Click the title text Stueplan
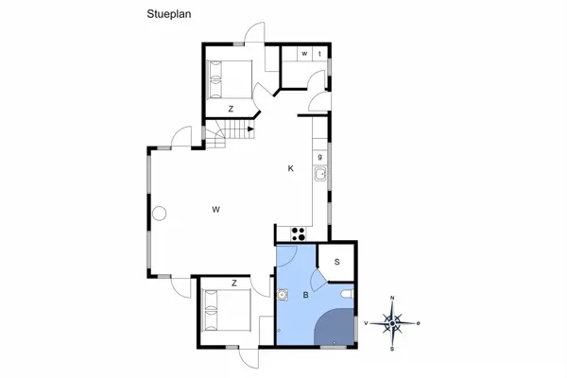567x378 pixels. [x=169, y=14]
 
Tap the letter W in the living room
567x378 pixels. [x=215, y=210]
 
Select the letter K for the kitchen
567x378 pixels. [x=291, y=168]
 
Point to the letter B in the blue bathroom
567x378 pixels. [x=305, y=295]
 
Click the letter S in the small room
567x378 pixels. [x=337, y=262]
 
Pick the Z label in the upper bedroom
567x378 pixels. [x=231, y=109]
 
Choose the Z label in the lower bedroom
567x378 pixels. [x=234, y=283]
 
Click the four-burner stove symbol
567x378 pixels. [x=299, y=233]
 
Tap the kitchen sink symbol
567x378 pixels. [x=320, y=174]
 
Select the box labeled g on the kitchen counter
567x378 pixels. [x=320, y=157]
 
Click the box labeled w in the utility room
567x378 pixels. [x=304, y=54]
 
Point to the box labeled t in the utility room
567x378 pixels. [x=319, y=54]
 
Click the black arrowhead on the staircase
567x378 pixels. [x=251, y=129]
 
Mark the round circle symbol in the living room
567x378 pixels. [x=159, y=214]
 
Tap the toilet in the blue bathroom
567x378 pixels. [x=347, y=295]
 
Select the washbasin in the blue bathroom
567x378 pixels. [x=282, y=295]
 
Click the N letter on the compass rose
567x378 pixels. [x=392, y=298]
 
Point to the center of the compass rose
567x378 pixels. [x=392, y=323]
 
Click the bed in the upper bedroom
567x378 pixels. [x=230, y=79]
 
